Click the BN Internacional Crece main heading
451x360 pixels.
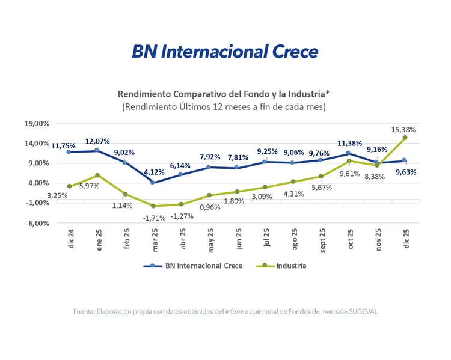point(225,52)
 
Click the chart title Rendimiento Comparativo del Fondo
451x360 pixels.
point(225,94)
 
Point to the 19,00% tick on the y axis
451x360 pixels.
point(37,124)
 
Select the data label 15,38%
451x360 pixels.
point(403,129)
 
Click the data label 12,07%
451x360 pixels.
point(97,141)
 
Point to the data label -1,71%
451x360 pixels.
point(155,218)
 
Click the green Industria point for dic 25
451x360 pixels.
point(405,138)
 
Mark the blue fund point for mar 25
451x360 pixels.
point(153,182)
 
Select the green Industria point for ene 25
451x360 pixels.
point(97,175)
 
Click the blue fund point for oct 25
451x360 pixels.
point(348,154)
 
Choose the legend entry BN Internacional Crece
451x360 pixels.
point(194,266)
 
